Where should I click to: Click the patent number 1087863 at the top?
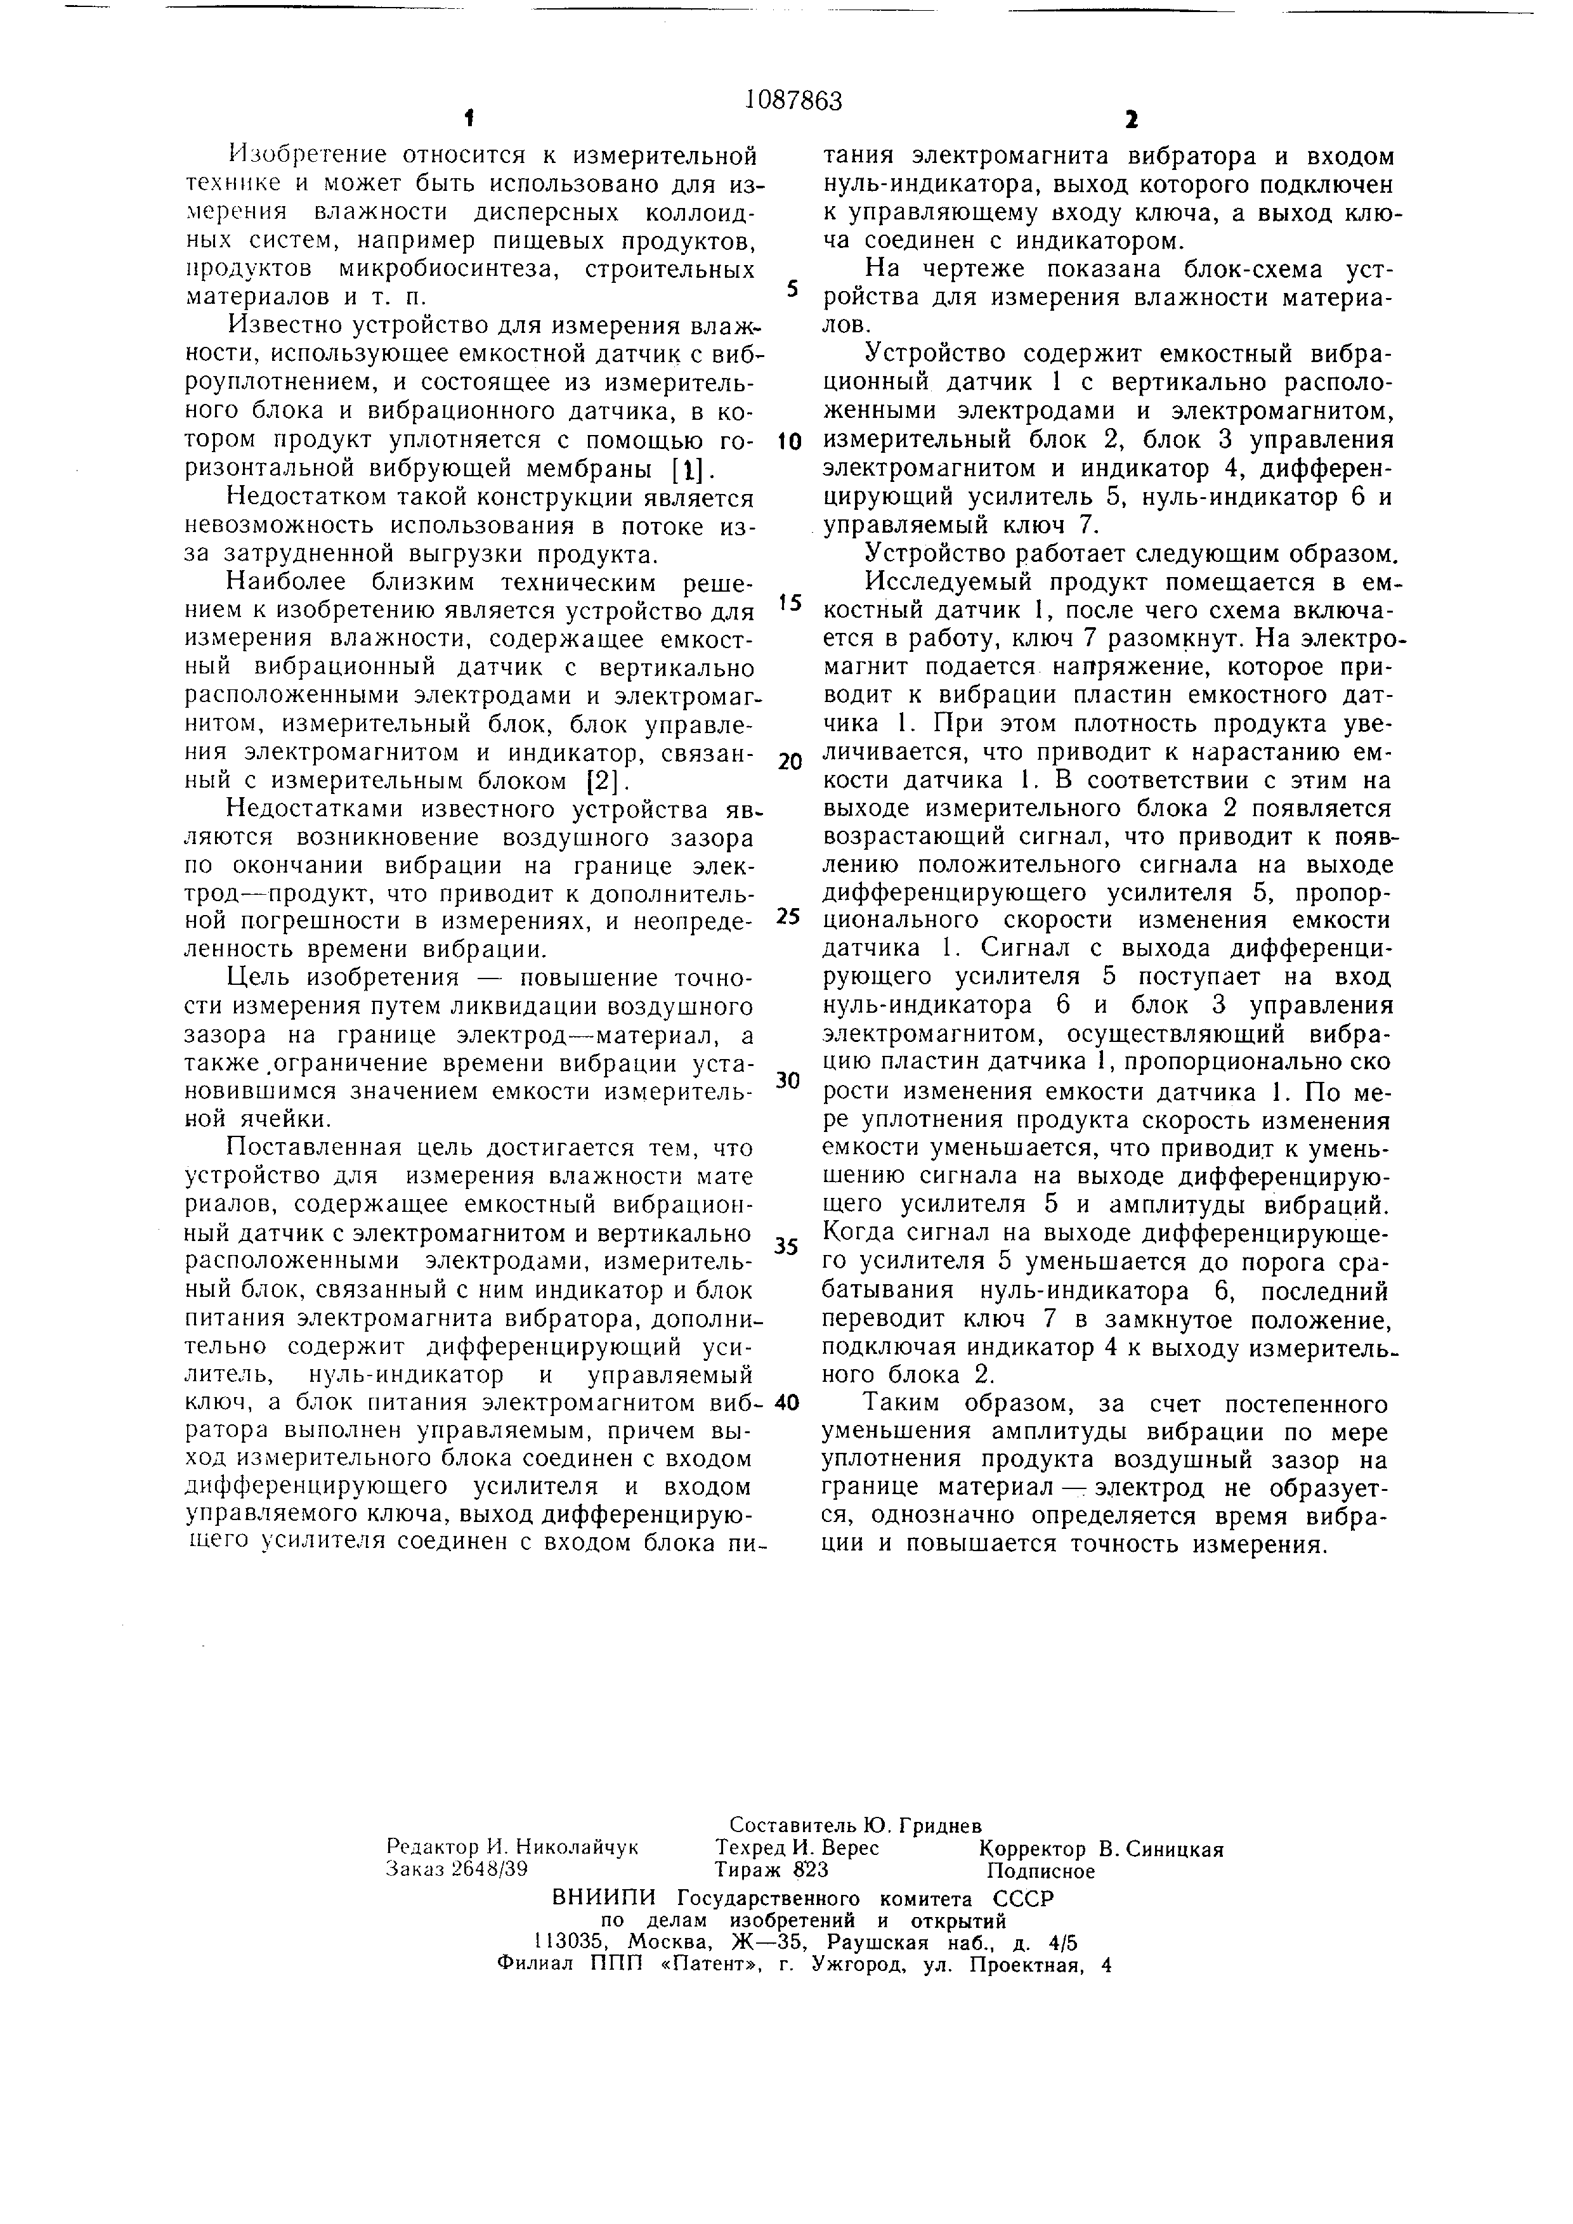[793, 101]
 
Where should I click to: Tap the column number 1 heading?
[469, 120]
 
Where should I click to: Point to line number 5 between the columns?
[792, 290]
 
